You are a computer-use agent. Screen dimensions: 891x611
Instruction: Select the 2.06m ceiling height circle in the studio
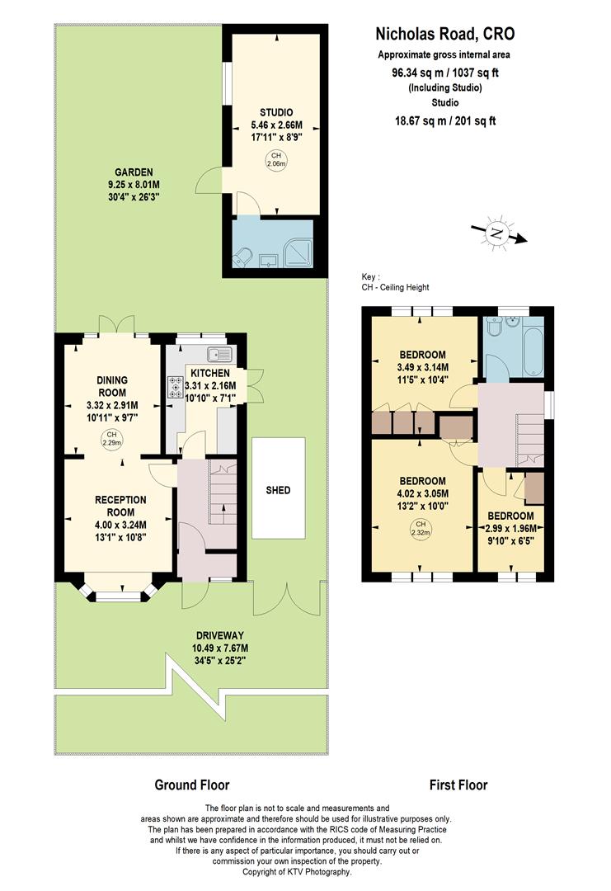(x=275, y=160)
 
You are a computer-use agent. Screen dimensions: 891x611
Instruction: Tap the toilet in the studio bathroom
(x=241, y=259)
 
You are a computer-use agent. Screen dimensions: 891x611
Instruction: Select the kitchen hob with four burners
(x=175, y=387)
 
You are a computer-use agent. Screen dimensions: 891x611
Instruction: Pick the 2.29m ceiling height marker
(x=110, y=438)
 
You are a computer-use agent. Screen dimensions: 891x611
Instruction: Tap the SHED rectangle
(x=278, y=490)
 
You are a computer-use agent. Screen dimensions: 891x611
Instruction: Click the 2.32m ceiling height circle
(x=421, y=529)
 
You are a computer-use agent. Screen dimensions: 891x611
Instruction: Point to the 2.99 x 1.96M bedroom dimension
(x=510, y=529)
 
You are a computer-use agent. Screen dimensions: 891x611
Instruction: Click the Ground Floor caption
(x=192, y=785)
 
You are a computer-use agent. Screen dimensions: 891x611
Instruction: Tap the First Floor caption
(x=458, y=785)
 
